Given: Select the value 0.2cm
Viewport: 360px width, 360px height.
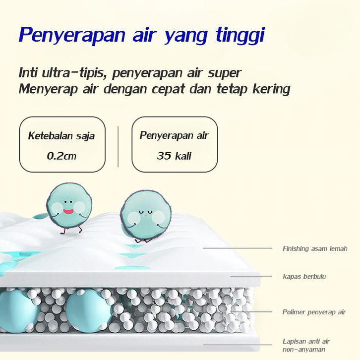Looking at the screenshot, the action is click(x=61, y=156).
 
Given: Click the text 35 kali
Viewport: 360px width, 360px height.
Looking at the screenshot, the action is click(x=174, y=156).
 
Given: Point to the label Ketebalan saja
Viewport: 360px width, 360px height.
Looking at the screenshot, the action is click(x=61, y=136).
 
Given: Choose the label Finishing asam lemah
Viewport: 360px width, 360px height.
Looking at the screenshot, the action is click(x=315, y=248).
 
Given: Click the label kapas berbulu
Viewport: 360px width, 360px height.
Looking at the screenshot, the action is click(x=304, y=276).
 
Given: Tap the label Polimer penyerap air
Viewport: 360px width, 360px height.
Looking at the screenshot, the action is click(x=314, y=312).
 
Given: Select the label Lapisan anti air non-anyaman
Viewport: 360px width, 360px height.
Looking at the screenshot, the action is click(x=306, y=345).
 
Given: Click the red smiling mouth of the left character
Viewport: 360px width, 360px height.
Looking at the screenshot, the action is click(x=68, y=211).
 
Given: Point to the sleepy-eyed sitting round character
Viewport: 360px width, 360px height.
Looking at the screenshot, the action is click(x=146, y=216).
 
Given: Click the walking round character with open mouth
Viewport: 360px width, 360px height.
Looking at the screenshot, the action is click(x=69, y=209).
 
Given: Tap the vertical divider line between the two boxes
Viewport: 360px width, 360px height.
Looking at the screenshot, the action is click(x=118, y=146).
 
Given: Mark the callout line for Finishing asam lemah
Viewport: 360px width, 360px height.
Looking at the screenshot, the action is click(x=238, y=248).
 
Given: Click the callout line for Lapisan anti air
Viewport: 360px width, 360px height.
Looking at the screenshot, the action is click(x=238, y=345).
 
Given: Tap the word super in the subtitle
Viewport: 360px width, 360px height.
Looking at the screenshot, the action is click(x=225, y=73).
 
